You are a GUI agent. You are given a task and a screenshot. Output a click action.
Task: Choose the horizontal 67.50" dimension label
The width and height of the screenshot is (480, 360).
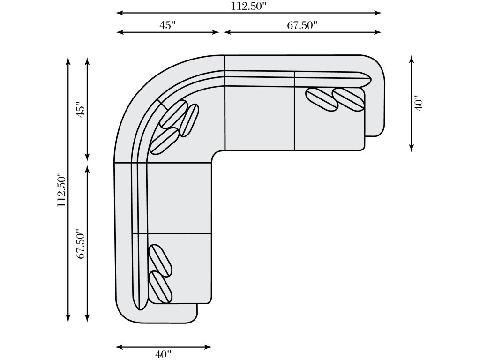click(x=302, y=25)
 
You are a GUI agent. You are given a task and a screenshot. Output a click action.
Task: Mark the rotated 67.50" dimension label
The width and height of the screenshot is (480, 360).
click(x=81, y=244)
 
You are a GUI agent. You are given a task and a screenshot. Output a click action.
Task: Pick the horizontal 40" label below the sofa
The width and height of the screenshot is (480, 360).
click(x=164, y=354)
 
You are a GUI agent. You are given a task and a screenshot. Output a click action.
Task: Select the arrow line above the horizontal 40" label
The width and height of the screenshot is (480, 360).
click(x=164, y=347)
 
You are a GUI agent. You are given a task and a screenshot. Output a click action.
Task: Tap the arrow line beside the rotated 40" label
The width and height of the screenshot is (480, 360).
click(x=412, y=103)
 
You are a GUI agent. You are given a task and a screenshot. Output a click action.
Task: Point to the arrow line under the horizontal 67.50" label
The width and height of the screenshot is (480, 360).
click(x=302, y=32)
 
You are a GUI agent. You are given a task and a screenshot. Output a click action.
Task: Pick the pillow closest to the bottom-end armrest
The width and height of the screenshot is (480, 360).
click(x=160, y=286)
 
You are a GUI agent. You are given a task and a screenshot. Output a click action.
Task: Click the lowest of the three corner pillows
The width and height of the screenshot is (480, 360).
click(x=164, y=141)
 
